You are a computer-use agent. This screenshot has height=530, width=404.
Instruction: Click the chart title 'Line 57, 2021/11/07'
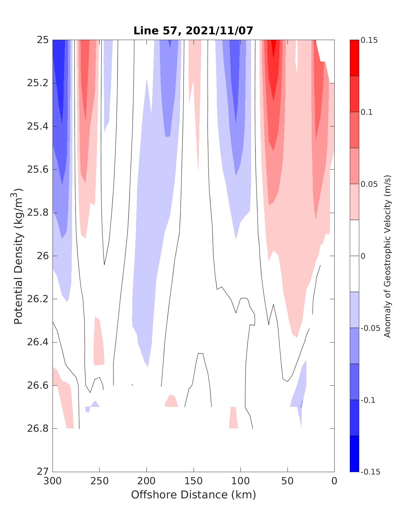tap(193, 31)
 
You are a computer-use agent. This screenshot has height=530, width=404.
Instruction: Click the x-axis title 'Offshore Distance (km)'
tap(193, 495)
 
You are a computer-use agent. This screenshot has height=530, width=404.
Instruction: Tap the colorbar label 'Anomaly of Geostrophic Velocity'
tap(388, 256)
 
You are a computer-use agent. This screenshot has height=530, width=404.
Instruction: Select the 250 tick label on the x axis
tap(99, 481)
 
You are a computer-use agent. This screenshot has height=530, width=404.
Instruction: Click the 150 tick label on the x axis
tap(193, 481)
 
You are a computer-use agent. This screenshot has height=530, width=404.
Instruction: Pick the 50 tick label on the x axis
tap(287, 481)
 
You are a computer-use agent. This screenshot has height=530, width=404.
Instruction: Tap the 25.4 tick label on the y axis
tap(37, 127)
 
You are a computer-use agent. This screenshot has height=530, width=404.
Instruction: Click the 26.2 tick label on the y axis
tap(37, 299)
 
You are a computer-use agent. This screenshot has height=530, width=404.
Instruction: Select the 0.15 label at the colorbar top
tap(369, 40)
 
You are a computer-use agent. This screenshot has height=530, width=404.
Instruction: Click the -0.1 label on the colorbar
tap(368, 400)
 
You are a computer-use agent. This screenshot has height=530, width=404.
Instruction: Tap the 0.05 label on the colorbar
tap(369, 184)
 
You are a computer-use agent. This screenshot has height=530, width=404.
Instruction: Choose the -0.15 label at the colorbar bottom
tap(370, 472)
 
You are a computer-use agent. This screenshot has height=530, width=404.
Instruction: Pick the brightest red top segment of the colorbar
tap(354, 58)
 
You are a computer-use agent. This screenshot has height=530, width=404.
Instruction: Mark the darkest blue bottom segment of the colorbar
tap(354, 454)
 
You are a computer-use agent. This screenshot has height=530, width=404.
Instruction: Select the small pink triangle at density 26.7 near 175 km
tap(172, 402)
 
